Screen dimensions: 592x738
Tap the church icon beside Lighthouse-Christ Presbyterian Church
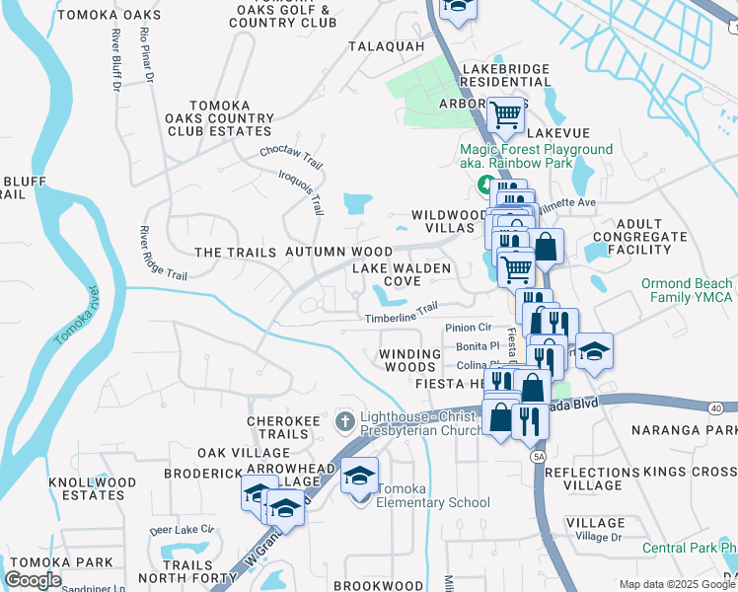[344, 422]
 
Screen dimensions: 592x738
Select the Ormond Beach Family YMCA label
[687, 290]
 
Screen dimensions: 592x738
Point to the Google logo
[33, 580]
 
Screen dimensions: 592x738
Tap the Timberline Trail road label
[401, 313]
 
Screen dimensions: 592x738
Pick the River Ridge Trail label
[163, 253]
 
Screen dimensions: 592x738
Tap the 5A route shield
[538, 457]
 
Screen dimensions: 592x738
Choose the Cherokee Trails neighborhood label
[284, 427]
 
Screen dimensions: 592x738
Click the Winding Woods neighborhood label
[410, 360]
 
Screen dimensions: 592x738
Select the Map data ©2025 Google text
[676, 584]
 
